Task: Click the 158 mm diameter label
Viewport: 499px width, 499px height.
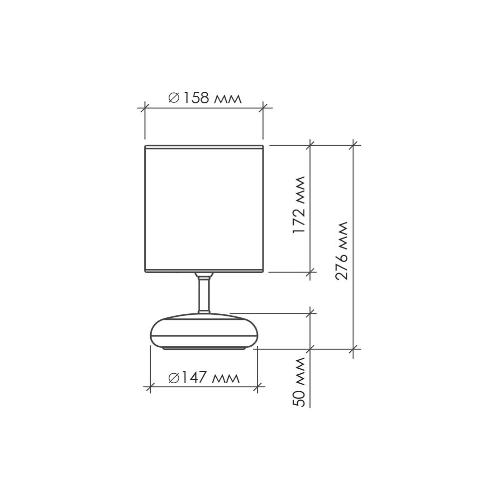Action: [205, 98]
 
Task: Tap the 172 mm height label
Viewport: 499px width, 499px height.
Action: [299, 205]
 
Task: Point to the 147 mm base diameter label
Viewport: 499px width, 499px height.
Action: [204, 378]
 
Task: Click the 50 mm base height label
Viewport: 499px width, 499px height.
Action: [299, 382]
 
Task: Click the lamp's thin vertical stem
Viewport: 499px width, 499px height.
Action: [204, 294]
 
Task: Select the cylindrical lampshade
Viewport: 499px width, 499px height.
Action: [204, 209]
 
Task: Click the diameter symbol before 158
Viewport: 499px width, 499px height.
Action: [174, 98]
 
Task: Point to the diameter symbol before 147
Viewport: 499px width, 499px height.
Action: [174, 378]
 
